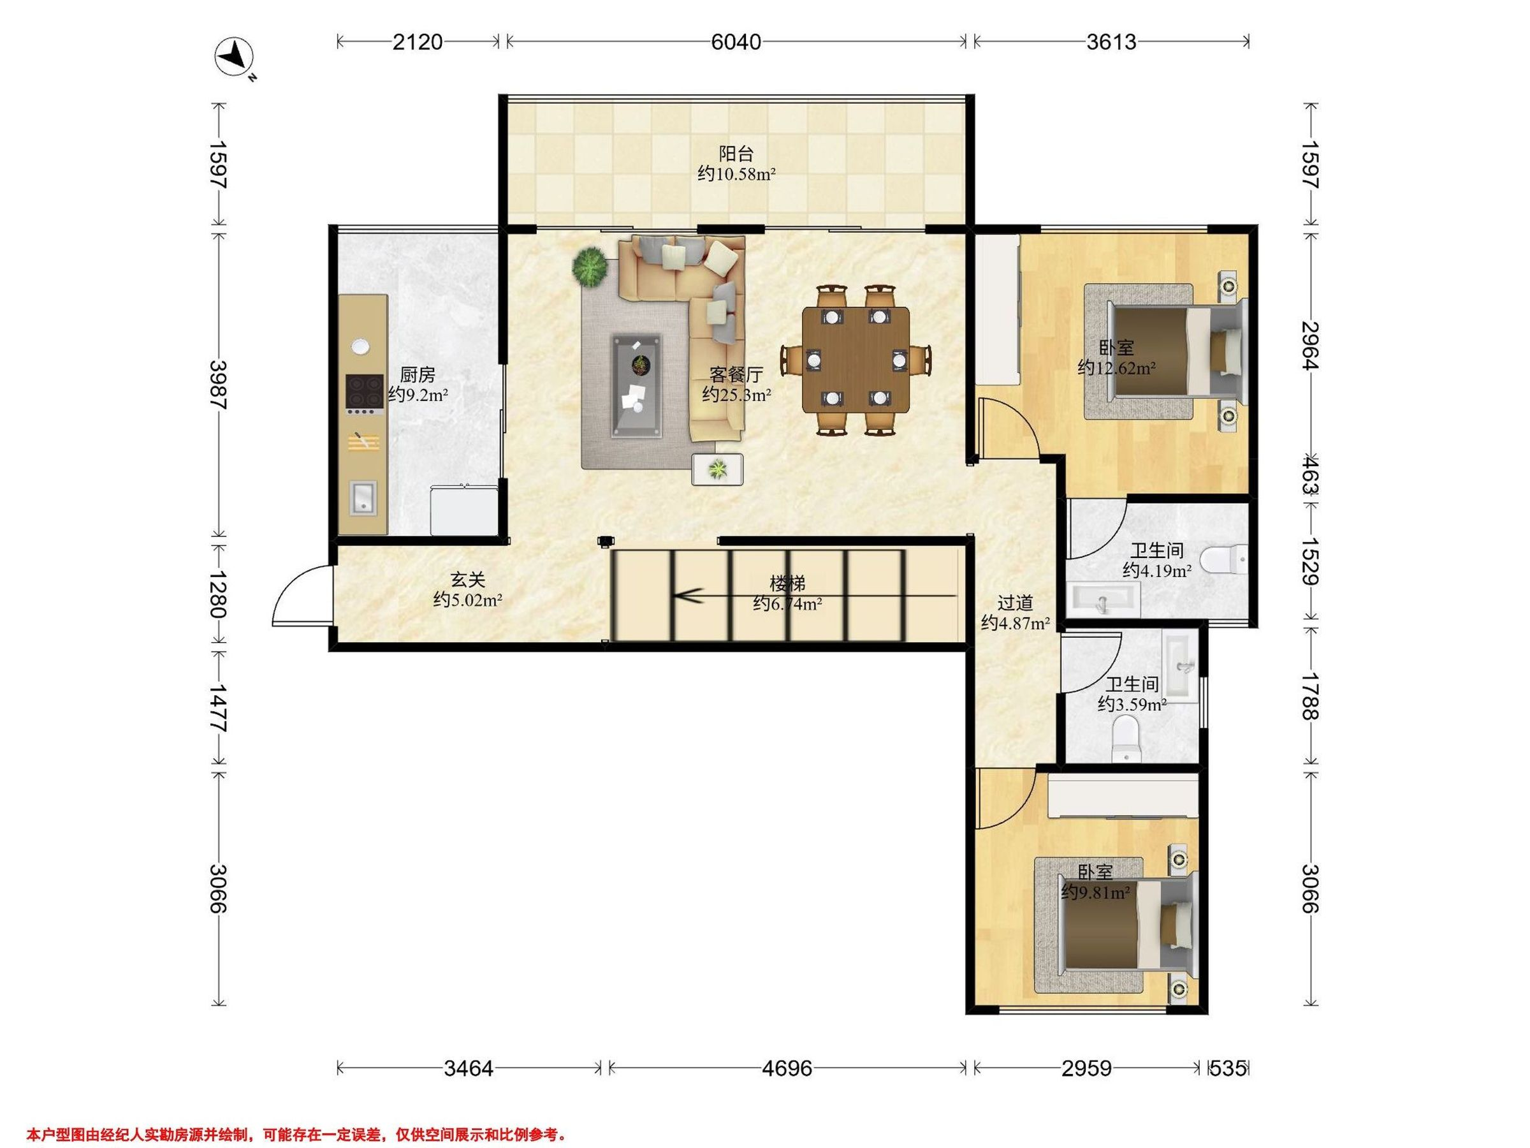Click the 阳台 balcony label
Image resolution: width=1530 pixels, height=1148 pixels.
[x=736, y=153]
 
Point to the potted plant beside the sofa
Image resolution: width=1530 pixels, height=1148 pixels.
[x=590, y=267]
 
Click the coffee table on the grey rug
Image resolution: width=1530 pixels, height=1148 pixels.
[x=636, y=385]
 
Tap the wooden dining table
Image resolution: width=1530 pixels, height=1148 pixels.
[x=856, y=360]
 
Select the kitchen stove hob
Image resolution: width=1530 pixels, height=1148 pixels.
[x=365, y=394]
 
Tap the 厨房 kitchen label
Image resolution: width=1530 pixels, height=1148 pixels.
[x=418, y=375]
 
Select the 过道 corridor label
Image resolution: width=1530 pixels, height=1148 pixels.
[x=1016, y=603]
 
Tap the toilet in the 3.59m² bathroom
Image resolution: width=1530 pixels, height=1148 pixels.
[x=1125, y=739]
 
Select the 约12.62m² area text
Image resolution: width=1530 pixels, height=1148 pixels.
[x=1116, y=368]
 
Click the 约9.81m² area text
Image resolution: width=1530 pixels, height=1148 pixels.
[x=1096, y=893]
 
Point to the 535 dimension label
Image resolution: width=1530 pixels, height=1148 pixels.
[x=1228, y=1068]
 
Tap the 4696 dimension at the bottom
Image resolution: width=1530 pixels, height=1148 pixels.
[x=787, y=1068]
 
